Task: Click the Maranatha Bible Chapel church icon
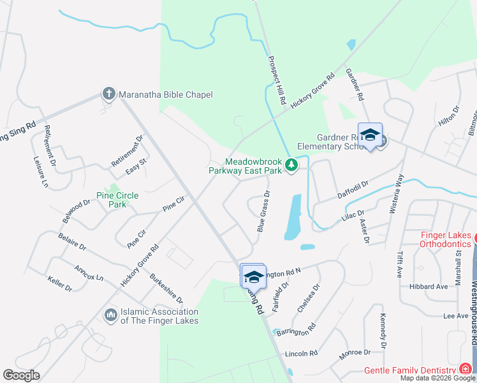tap(108, 94)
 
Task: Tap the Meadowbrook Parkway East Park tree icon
tap(291, 165)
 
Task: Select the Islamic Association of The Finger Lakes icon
tap(111, 315)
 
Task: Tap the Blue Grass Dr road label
tap(263, 210)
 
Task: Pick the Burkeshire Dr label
tap(166, 289)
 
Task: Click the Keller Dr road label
tap(61, 283)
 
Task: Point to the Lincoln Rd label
tap(301, 353)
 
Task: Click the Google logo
tap(21, 375)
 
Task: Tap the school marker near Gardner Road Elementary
tap(370, 135)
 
